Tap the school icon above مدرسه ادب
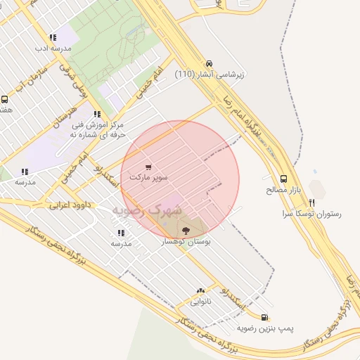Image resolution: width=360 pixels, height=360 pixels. (53, 38)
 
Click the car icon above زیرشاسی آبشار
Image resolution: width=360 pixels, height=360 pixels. (209, 63)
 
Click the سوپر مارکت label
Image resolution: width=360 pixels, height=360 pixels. (148, 178)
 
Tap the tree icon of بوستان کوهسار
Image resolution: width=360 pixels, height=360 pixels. (186, 230)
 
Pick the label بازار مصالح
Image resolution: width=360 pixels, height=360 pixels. (283, 190)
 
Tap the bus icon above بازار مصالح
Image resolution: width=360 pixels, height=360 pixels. (283, 179)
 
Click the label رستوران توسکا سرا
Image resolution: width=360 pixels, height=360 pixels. (311, 213)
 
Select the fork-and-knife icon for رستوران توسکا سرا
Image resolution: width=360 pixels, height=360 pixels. (312, 202)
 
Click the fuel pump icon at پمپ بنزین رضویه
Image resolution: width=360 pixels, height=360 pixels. (264, 317)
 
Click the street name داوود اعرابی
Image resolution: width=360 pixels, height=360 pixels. (69, 206)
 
